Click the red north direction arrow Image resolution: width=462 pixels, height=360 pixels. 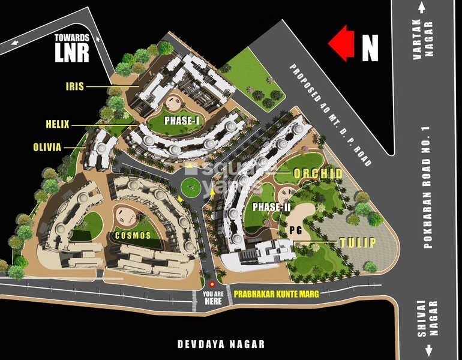(341, 44)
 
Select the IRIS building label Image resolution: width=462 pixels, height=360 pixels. (75, 86)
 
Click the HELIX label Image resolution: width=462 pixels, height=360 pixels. (58, 125)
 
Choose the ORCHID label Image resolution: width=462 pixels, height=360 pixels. (317, 174)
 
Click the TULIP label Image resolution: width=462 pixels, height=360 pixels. (357, 242)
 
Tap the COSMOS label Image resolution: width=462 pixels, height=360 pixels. (133, 235)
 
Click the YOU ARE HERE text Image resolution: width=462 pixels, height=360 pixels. (212, 298)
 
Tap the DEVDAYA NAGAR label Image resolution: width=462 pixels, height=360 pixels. (221, 344)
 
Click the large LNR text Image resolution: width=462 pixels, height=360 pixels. (71, 52)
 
